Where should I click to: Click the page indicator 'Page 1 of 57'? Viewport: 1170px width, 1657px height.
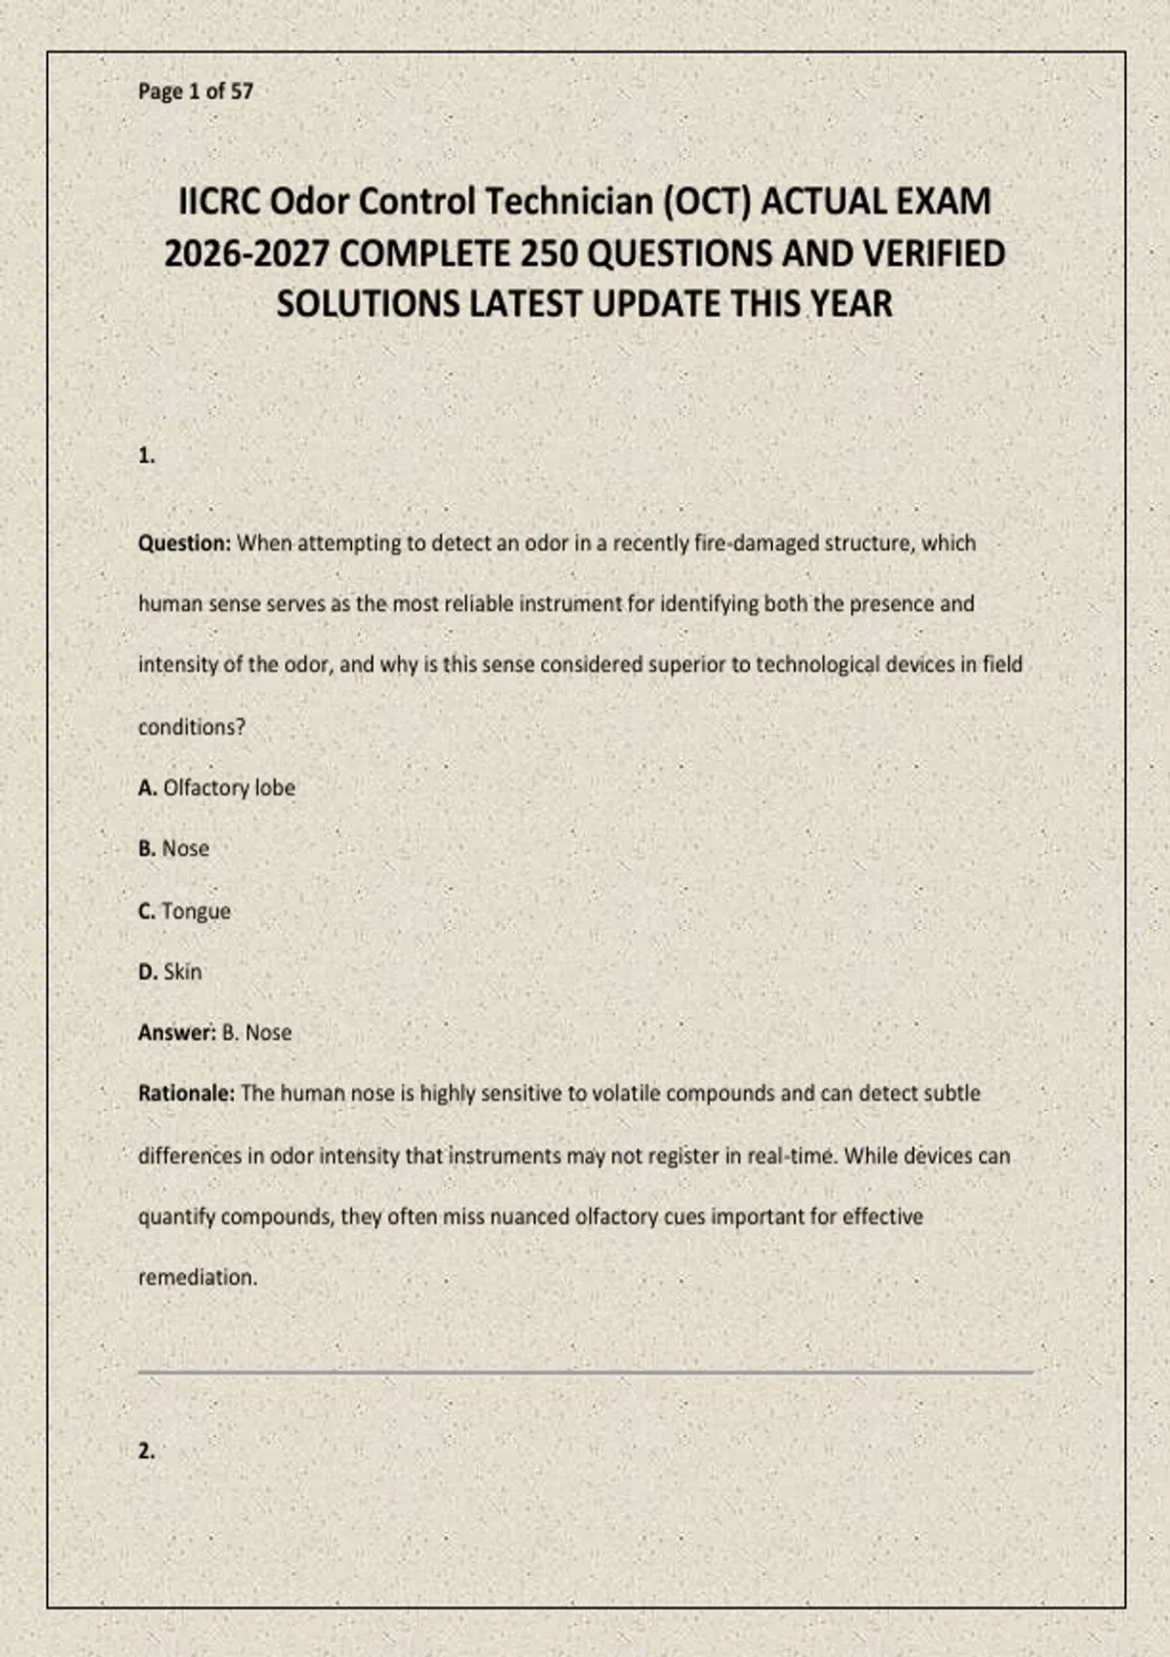[x=195, y=92]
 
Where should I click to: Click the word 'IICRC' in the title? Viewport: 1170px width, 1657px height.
[x=219, y=202]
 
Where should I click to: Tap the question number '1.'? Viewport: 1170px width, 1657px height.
[x=146, y=455]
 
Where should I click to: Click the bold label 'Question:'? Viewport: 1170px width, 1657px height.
[x=184, y=543]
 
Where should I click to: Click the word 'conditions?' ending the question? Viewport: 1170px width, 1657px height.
[x=191, y=727]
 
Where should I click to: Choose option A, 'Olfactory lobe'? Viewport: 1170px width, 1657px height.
[x=216, y=788]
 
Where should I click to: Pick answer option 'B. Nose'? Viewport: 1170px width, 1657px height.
[x=174, y=849]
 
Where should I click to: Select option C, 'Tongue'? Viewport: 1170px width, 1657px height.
[x=185, y=911]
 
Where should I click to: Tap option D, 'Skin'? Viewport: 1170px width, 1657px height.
[x=171, y=972]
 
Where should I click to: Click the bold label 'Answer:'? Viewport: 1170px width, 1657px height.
[x=175, y=1032]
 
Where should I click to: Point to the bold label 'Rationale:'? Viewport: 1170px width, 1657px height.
[x=186, y=1094]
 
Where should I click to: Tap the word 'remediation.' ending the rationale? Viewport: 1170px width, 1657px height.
[x=198, y=1278]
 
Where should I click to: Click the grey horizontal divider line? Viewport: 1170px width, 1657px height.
[x=585, y=1371]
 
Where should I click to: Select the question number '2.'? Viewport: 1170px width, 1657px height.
[x=146, y=1450]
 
